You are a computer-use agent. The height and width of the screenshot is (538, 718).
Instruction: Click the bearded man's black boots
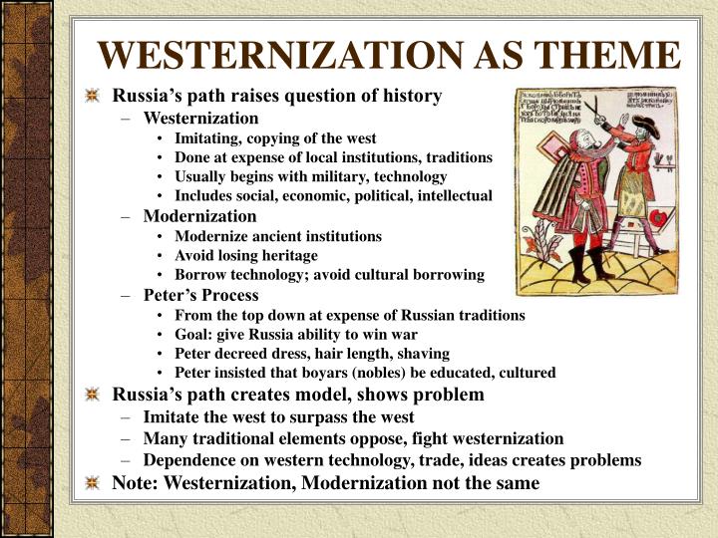(583, 267)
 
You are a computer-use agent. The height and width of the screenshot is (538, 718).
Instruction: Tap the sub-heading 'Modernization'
(199, 216)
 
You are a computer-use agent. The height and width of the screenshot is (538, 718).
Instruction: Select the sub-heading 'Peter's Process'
(200, 295)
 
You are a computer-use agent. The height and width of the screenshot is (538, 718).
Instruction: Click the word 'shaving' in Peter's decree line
(424, 354)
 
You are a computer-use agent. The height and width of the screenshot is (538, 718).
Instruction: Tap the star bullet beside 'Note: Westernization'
(93, 483)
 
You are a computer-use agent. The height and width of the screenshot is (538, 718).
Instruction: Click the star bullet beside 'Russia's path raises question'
(93, 97)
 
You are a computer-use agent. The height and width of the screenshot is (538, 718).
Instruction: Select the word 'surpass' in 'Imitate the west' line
(333, 417)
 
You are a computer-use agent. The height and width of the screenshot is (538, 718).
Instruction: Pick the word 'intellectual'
(452, 196)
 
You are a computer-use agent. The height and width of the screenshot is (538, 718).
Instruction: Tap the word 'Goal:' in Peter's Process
(194, 334)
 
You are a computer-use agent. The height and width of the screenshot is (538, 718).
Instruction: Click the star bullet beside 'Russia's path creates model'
(93, 395)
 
